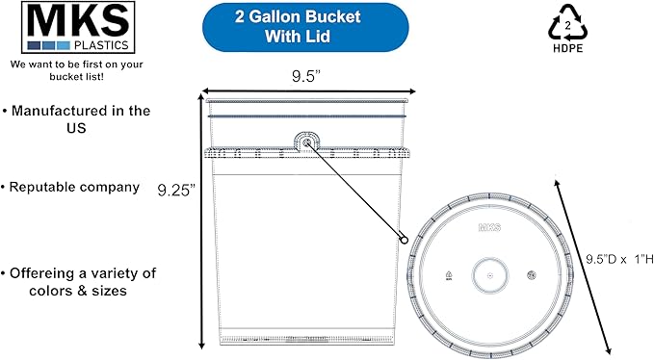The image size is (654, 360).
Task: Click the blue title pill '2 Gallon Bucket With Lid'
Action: click(x=277, y=27)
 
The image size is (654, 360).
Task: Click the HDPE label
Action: click(x=566, y=46)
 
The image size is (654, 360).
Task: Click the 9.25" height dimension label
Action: click(x=177, y=190)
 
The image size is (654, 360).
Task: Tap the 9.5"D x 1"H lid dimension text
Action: click(x=619, y=259)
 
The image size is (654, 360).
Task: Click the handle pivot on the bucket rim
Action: click(x=307, y=144)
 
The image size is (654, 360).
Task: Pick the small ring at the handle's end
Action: click(x=405, y=240)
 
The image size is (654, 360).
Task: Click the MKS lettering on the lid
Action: click(x=490, y=227)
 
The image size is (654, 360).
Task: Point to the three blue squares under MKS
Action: click(x=48, y=44)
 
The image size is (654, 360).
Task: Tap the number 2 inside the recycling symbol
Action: click(x=567, y=24)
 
